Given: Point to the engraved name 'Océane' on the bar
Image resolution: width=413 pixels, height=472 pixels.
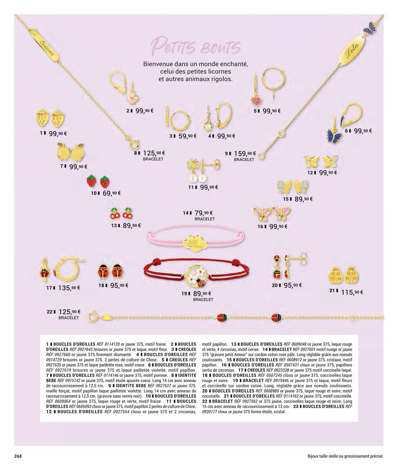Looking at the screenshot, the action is (47, 48).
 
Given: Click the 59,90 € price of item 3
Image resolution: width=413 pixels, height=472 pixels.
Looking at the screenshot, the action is (188, 136).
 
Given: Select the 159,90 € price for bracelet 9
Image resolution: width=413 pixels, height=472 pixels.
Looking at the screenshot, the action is (245, 154).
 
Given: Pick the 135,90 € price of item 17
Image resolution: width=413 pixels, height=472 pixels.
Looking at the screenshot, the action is (69, 288).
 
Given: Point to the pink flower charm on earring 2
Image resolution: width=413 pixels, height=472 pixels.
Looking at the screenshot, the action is (133, 97).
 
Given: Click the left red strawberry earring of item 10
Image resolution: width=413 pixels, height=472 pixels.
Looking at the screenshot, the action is (91, 181).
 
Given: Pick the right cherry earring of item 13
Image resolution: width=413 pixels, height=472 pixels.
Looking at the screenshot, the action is (128, 213).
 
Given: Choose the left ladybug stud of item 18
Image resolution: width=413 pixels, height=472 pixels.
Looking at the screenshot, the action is (103, 270).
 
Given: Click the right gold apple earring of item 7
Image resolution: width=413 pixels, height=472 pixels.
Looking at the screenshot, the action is (78, 152).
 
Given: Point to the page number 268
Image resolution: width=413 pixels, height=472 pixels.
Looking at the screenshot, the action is (19, 456).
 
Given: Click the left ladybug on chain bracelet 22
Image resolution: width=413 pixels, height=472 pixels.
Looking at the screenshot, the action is (222, 317).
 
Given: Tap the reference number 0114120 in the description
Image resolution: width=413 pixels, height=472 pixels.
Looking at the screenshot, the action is (112, 344).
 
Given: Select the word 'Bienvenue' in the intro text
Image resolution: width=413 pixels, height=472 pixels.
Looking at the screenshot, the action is (158, 64).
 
